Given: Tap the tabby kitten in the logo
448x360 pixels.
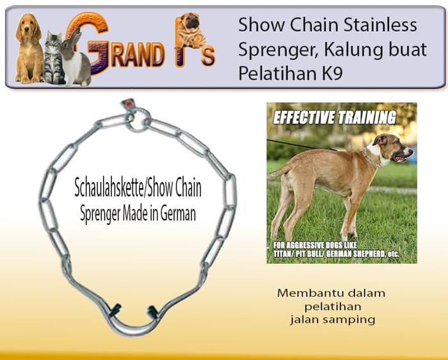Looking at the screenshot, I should (x=54, y=61).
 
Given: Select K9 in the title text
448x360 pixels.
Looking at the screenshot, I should (x=330, y=74).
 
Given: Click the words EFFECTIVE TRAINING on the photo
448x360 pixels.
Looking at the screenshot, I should (x=334, y=118).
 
